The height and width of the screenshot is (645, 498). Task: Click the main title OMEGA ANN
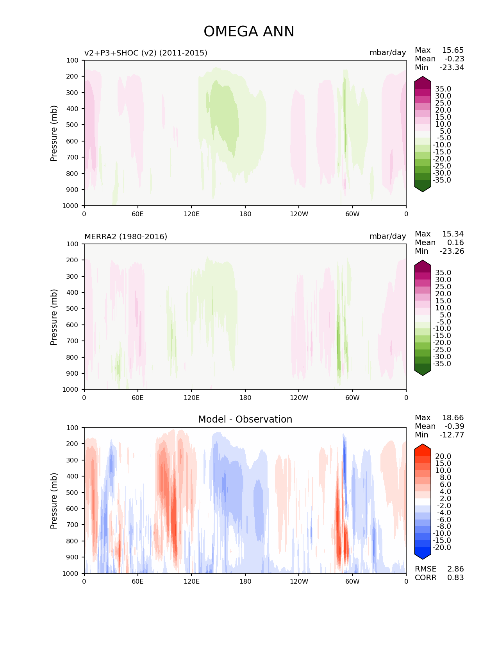pyautogui.click(x=249, y=32)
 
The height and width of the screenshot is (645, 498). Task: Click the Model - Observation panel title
pyautogui.click(x=245, y=419)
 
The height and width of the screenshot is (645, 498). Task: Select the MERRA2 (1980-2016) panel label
pyautogui.click(x=126, y=236)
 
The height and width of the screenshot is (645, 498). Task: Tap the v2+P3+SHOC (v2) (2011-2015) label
pyautogui.click(x=146, y=53)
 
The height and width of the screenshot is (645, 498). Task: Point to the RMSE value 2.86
pyautogui.click(x=455, y=569)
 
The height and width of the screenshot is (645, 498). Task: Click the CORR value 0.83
pyautogui.click(x=455, y=577)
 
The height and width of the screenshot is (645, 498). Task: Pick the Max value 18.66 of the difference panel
pyautogui.click(x=453, y=417)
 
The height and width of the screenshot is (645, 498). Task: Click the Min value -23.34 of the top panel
pyautogui.click(x=452, y=67)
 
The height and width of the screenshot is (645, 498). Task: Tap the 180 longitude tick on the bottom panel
pyautogui.click(x=245, y=581)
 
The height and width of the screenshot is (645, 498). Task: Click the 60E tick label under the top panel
pyautogui.click(x=137, y=214)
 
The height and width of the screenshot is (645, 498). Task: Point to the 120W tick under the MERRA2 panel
pyautogui.click(x=299, y=398)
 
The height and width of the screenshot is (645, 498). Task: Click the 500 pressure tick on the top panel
pyautogui.click(x=73, y=125)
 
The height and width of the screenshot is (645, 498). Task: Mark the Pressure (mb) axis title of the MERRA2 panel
pyautogui.click(x=54, y=317)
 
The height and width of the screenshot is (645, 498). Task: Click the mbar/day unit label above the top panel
pyautogui.click(x=387, y=53)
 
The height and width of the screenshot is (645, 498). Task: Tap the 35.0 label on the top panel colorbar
pyautogui.click(x=443, y=89)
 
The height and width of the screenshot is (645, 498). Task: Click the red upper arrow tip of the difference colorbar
pyautogui.click(x=423, y=446)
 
